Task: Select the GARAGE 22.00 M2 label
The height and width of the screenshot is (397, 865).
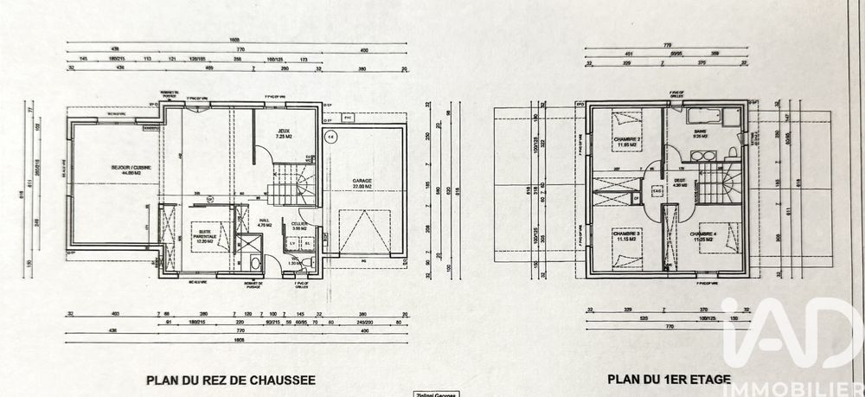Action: tap(362, 184)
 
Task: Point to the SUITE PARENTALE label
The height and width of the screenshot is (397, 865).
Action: tap(206, 238)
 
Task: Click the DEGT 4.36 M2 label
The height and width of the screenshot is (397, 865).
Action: tap(681, 182)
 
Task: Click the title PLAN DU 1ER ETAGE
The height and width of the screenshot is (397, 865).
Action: tap(670, 379)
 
